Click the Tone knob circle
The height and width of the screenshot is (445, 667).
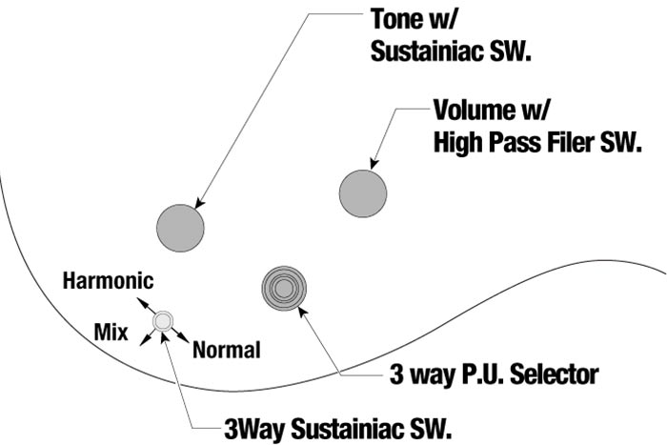tap(181, 227)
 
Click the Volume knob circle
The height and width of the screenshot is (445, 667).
tap(363, 192)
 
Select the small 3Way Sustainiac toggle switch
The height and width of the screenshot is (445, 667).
tap(164, 321)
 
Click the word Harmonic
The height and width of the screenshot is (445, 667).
tap(106, 281)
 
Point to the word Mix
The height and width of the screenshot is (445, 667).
tap(111, 332)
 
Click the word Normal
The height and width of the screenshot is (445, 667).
tap(227, 350)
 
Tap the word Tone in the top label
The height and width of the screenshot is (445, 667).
tap(393, 20)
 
